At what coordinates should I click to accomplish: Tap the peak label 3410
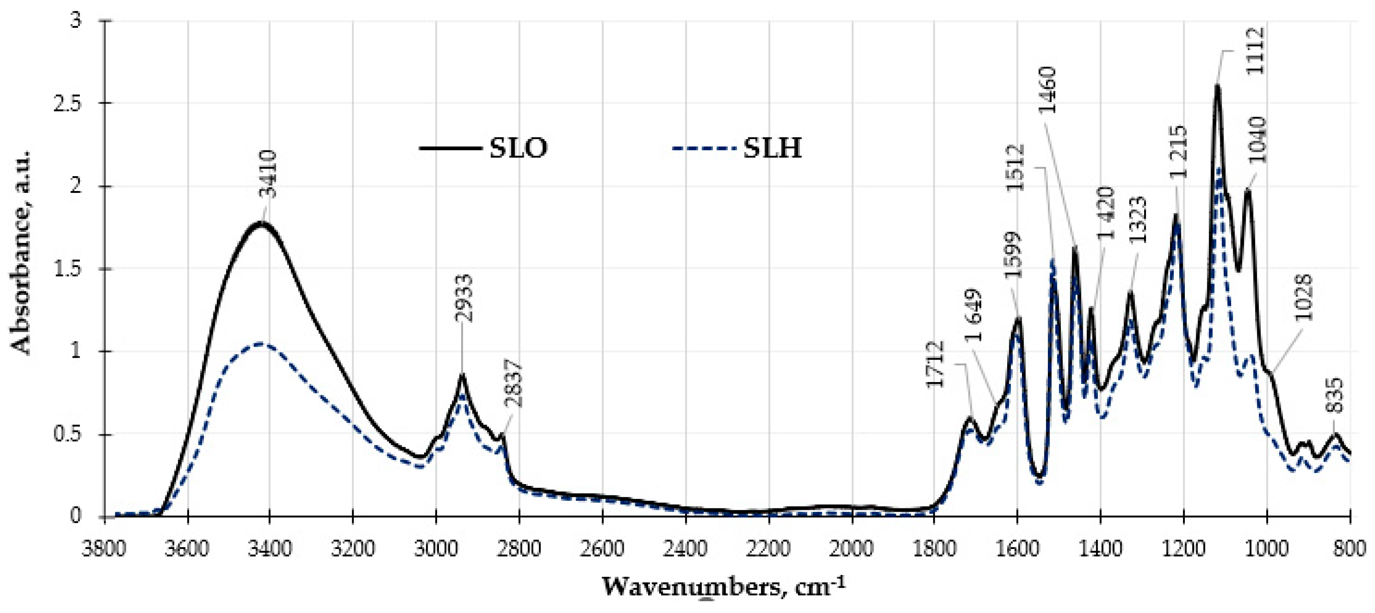[270, 174]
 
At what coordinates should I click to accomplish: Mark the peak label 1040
[1256, 140]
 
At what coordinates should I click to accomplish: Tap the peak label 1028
[1303, 298]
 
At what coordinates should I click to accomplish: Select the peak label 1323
[1138, 220]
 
